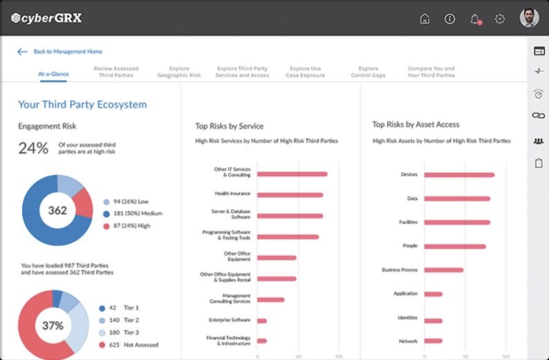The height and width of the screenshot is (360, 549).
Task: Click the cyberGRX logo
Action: (x=47, y=18)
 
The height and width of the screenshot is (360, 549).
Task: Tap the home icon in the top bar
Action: (x=425, y=19)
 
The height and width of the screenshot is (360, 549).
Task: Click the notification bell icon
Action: (x=475, y=19)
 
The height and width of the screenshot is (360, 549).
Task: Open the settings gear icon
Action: (x=500, y=19)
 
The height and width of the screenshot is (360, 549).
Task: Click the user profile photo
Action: (x=529, y=17)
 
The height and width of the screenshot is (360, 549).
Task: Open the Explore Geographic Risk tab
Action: (x=179, y=72)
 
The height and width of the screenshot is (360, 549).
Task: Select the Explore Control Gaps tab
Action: (x=369, y=72)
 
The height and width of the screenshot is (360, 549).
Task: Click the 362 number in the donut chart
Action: (x=57, y=210)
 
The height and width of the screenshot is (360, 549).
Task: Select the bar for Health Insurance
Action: (x=290, y=195)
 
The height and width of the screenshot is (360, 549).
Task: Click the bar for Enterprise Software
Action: (x=262, y=321)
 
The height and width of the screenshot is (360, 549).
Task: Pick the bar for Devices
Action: (x=459, y=175)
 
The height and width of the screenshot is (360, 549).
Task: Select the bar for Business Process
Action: (x=443, y=270)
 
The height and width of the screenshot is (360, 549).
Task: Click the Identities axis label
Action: (x=408, y=318)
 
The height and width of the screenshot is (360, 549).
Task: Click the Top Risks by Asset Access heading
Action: (x=416, y=125)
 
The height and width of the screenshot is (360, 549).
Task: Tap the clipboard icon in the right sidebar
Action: (x=539, y=163)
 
